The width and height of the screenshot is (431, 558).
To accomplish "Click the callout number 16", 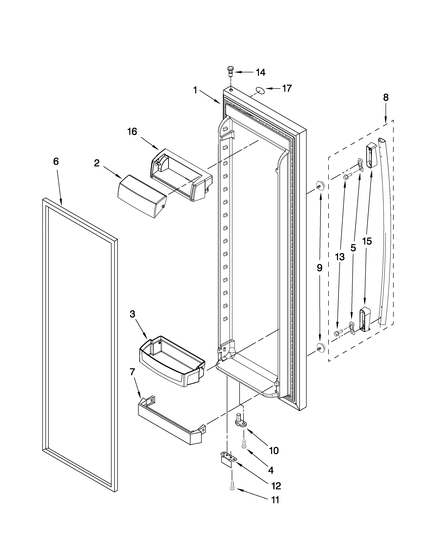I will click(x=133, y=132).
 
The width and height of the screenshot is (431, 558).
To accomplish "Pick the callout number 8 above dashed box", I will click(x=386, y=97).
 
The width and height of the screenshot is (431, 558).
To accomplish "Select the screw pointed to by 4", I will click(x=243, y=445).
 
